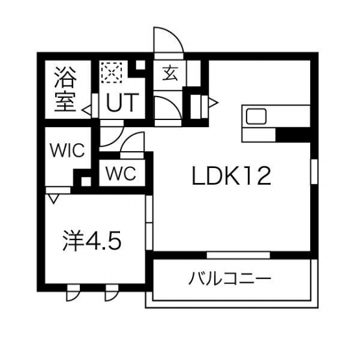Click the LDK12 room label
click(232, 176)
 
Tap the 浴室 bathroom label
click(66, 89)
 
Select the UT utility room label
click(123, 102)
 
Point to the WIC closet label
click(67, 150)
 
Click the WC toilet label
click(121, 173)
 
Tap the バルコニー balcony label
click(230, 278)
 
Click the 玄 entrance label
click(170, 73)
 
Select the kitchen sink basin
click(256, 116)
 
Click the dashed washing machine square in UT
click(111, 73)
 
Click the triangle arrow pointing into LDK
click(213, 102)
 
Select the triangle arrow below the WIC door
click(53, 198)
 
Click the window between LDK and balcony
click(238, 255)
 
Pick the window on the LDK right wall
click(314, 171)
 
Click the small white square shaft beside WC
click(86, 182)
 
